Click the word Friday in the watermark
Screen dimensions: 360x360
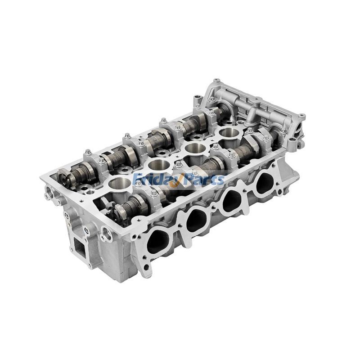pos(153,179)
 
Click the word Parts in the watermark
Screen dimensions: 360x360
pos(202,179)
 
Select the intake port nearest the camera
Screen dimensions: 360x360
pos(158,242)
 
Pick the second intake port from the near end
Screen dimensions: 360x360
pos(197,219)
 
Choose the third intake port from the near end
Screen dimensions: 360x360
pos(232,200)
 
